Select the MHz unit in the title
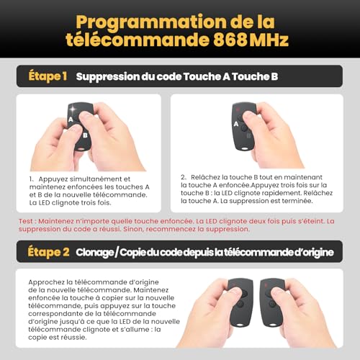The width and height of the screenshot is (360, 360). tap(269, 40)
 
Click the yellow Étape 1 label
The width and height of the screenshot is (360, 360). tap(48, 76)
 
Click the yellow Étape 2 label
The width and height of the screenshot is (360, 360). tap(48, 252)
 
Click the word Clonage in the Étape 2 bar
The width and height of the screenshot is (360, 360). tap(95, 253)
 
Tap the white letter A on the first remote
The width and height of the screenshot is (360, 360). tap(71, 120)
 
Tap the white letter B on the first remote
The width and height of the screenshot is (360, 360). tap(85, 135)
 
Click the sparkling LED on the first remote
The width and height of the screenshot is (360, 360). tap(73, 109)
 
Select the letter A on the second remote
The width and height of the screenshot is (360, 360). tap(236, 124)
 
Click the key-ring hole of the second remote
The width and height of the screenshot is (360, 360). tap(245, 148)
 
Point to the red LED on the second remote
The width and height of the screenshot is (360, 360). tap(238, 109)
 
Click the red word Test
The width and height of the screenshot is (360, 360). tap(26, 221)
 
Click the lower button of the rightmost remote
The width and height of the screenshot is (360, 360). tap(272, 305)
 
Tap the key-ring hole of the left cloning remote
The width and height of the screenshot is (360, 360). tap(240, 325)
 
